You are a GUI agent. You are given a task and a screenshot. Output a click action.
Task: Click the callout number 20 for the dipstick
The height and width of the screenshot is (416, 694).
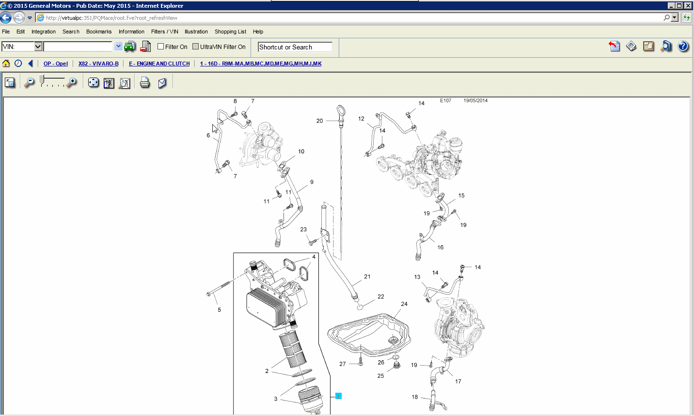[319, 121]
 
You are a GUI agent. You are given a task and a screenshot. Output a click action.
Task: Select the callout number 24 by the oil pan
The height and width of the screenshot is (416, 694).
[404, 304]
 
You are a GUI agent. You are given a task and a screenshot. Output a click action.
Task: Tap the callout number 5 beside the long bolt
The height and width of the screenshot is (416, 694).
[219, 310]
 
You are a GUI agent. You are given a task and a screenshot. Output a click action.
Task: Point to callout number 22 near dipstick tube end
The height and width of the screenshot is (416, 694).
[381, 297]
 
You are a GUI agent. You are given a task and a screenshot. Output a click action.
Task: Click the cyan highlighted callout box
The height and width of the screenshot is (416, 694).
[338, 396]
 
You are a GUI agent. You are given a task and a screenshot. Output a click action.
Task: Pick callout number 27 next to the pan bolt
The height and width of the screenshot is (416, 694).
[343, 364]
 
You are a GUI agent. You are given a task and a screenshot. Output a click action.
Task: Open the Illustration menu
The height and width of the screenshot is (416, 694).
[196, 32]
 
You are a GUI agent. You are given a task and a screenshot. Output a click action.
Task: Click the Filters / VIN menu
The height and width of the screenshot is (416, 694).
[164, 32]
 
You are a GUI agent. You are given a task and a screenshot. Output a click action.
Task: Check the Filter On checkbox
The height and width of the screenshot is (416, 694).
[161, 47]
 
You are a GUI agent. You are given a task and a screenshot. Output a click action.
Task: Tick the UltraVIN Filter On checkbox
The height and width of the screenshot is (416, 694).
[196, 47]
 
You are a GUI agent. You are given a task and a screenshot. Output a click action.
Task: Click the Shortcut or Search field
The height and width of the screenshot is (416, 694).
[295, 47]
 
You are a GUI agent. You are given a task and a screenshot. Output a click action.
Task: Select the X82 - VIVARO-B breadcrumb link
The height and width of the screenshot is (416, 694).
[98, 64]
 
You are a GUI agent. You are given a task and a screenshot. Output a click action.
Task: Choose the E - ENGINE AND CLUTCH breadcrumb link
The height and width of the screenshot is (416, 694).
[159, 64]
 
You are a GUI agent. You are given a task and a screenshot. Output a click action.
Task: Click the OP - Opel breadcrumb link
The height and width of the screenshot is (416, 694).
[55, 64]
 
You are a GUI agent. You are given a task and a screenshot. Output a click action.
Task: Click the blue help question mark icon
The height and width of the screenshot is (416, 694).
[683, 46]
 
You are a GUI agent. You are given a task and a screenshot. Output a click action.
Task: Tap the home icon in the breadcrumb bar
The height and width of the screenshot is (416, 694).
[6, 64]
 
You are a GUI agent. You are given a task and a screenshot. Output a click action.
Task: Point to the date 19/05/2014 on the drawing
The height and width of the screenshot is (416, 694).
[475, 101]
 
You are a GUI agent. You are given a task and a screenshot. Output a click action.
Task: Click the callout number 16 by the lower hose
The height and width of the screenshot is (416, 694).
[440, 247]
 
